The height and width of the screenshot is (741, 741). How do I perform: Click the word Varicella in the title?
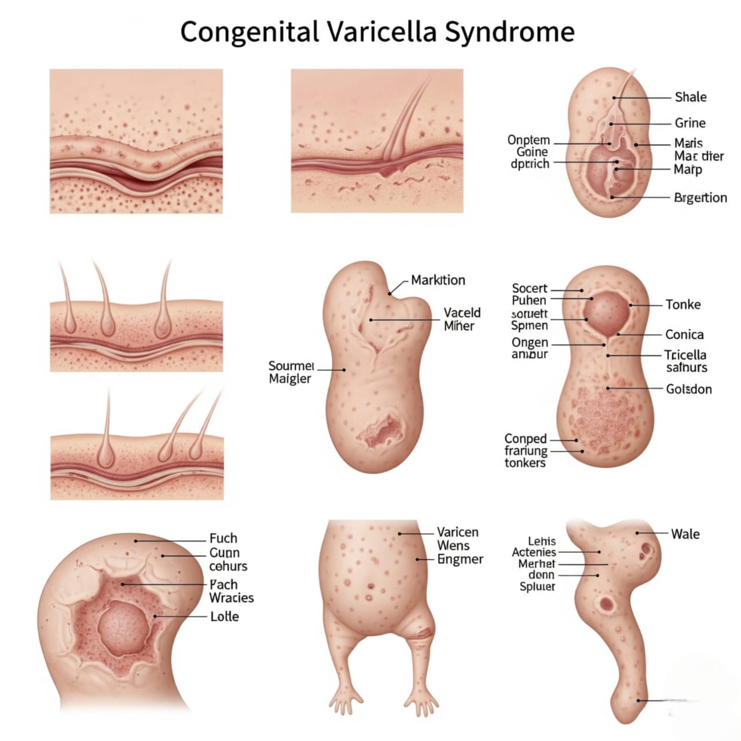tap(382, 31)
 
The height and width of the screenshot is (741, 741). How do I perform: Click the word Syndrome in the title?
tap(509, 31)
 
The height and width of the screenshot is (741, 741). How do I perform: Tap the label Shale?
tap(691, 97)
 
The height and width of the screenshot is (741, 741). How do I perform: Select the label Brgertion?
tap(700, 198)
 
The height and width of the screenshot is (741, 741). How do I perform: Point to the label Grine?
tap(690, 123)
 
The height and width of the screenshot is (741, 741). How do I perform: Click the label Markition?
tap(438, 280)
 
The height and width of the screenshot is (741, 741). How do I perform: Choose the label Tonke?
tap(683, 305)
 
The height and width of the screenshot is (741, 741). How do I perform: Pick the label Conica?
tap(684, 335)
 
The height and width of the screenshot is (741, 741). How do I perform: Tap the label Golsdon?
tap(689, 389)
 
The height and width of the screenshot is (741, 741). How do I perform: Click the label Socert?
tap(529, 288)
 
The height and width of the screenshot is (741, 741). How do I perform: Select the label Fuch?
tap(223, 538)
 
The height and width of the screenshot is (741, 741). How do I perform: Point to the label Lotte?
tap(225, 617)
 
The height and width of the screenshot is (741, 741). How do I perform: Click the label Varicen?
tap(457, 532)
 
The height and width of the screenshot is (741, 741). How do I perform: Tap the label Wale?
tap(685, 534)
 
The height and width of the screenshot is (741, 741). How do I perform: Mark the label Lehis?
tap(542, 541)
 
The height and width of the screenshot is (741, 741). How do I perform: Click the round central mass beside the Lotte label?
tap(123, 628)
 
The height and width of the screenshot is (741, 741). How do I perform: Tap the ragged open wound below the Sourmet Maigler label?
tap(382, 431)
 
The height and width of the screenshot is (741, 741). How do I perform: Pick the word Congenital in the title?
tap(249, 31)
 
